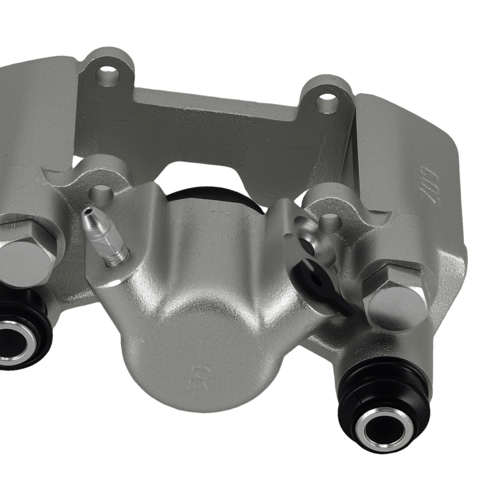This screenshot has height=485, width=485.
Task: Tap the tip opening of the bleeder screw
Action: pyautogui.click(x=88, y=212)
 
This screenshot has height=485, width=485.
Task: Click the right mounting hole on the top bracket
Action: pyautogui.click(x=327, y=102)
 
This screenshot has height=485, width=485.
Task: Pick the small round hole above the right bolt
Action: pyautogui.click(x=331, y=221)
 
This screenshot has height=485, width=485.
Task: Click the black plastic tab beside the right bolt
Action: pyautogui.click(x=323, y=286)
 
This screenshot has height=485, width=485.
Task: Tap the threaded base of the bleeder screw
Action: pyautogui.click(x=116, y=257)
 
